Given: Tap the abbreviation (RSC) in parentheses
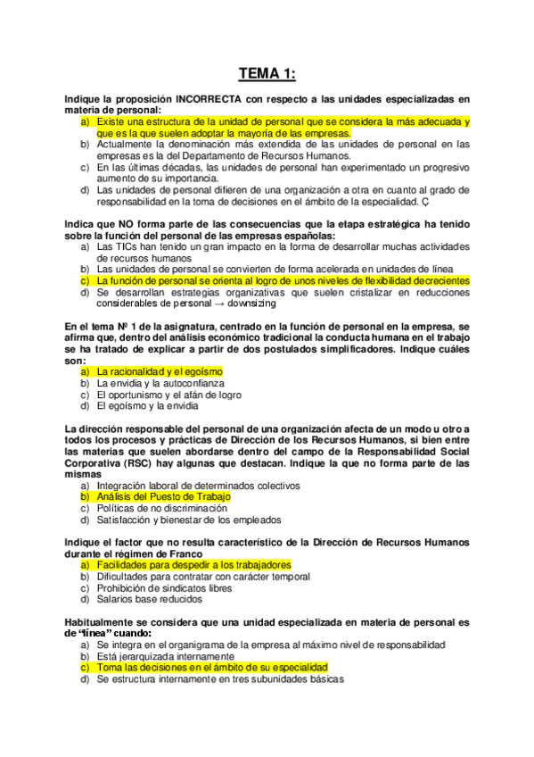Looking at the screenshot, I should click(x=163, y=464).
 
